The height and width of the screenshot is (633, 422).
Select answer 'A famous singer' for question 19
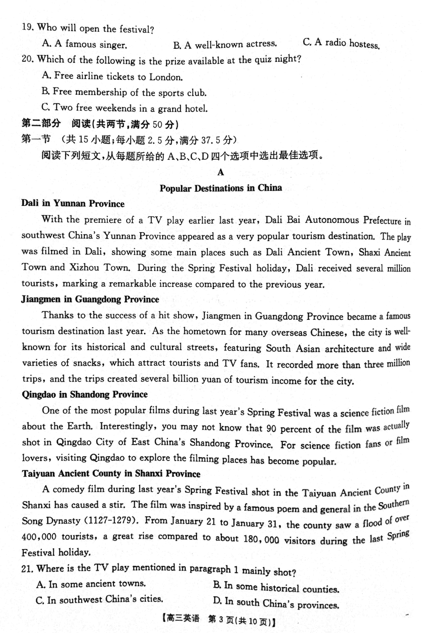85,45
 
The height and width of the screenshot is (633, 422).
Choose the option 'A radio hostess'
341,44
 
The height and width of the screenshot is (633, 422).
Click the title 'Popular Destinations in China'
221,188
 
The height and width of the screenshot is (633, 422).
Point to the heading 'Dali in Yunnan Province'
73,203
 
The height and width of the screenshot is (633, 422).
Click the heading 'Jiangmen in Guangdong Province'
90,299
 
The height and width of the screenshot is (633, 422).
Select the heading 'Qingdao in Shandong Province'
85,395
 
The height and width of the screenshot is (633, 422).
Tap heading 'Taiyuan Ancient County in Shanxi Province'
111,474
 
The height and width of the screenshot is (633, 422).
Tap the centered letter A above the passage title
221,172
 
